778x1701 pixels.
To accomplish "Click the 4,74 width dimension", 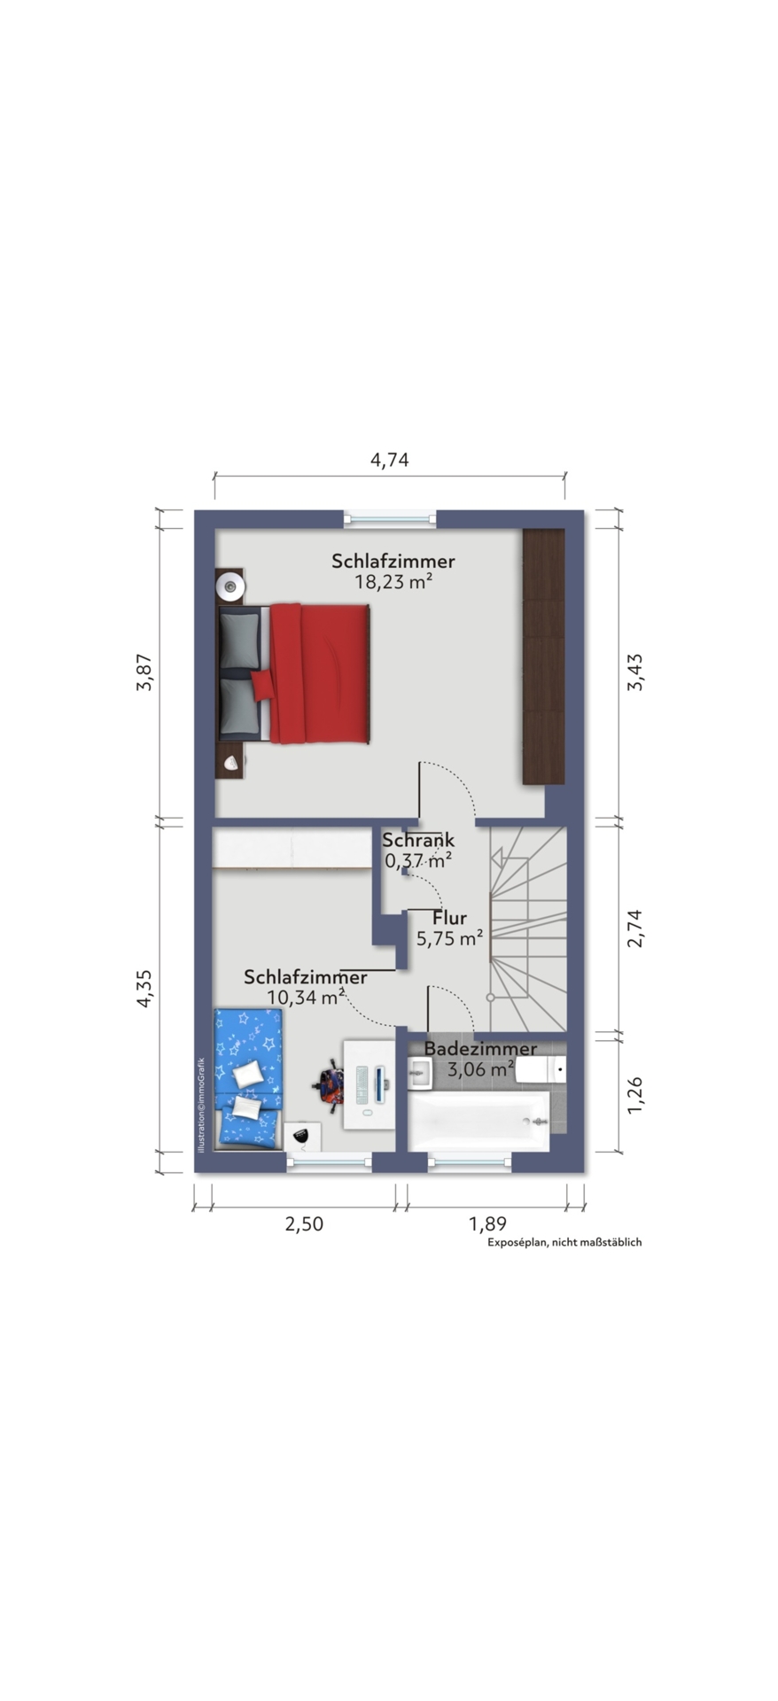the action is [x=389, y=460].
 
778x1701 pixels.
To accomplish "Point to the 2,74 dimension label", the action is [x=634, y=928].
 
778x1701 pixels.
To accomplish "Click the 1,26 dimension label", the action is [x=634, y=1095].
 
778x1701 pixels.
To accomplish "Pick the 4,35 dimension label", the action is [x=145, y=988].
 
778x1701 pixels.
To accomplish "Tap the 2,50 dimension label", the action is [x=303, y=1223].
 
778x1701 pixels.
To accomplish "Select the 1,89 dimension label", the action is [x=486, y=1223].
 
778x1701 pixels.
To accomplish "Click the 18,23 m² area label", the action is [x=393, y=582].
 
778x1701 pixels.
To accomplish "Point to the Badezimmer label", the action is [x=480, y=1049].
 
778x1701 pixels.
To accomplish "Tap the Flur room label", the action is [x=449, y=918].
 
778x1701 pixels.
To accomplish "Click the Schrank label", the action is [x=418, y=840].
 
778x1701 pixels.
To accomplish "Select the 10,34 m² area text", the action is [x=306, y=998].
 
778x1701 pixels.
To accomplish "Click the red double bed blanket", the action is [x=320, y=672].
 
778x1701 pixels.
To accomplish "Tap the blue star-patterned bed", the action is [x=248, y=1078].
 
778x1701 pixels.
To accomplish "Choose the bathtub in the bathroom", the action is [x=478, y=1121].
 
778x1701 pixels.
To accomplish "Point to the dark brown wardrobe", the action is [x=543, y=656].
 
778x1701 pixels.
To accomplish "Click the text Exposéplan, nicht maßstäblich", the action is [x=564, y=1242].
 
